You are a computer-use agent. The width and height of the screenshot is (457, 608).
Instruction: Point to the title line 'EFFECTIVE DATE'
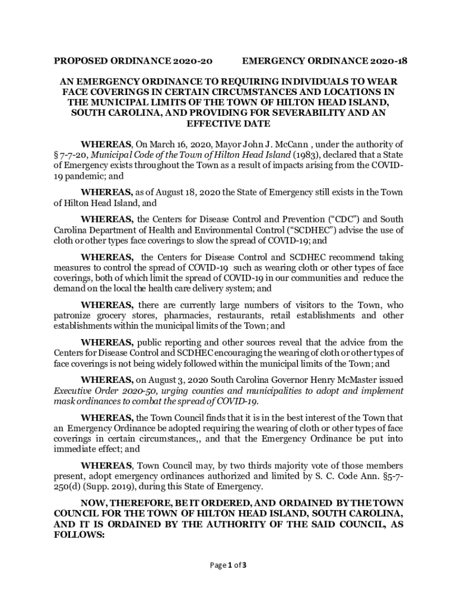pyautogui.click(x=228, y=123)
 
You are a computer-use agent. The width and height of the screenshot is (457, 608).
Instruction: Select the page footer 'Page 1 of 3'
pyautogui.click(x=228, y=565)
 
